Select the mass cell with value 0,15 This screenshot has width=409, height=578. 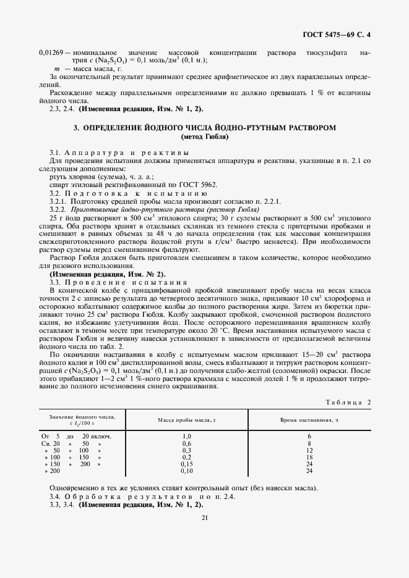pos(187,464)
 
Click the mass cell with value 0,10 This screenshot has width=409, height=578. pos(187,471)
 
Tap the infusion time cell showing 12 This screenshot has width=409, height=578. pos(309,450)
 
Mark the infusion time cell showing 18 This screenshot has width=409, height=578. pos(309,457)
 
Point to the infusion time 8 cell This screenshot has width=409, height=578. pos(309,443)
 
